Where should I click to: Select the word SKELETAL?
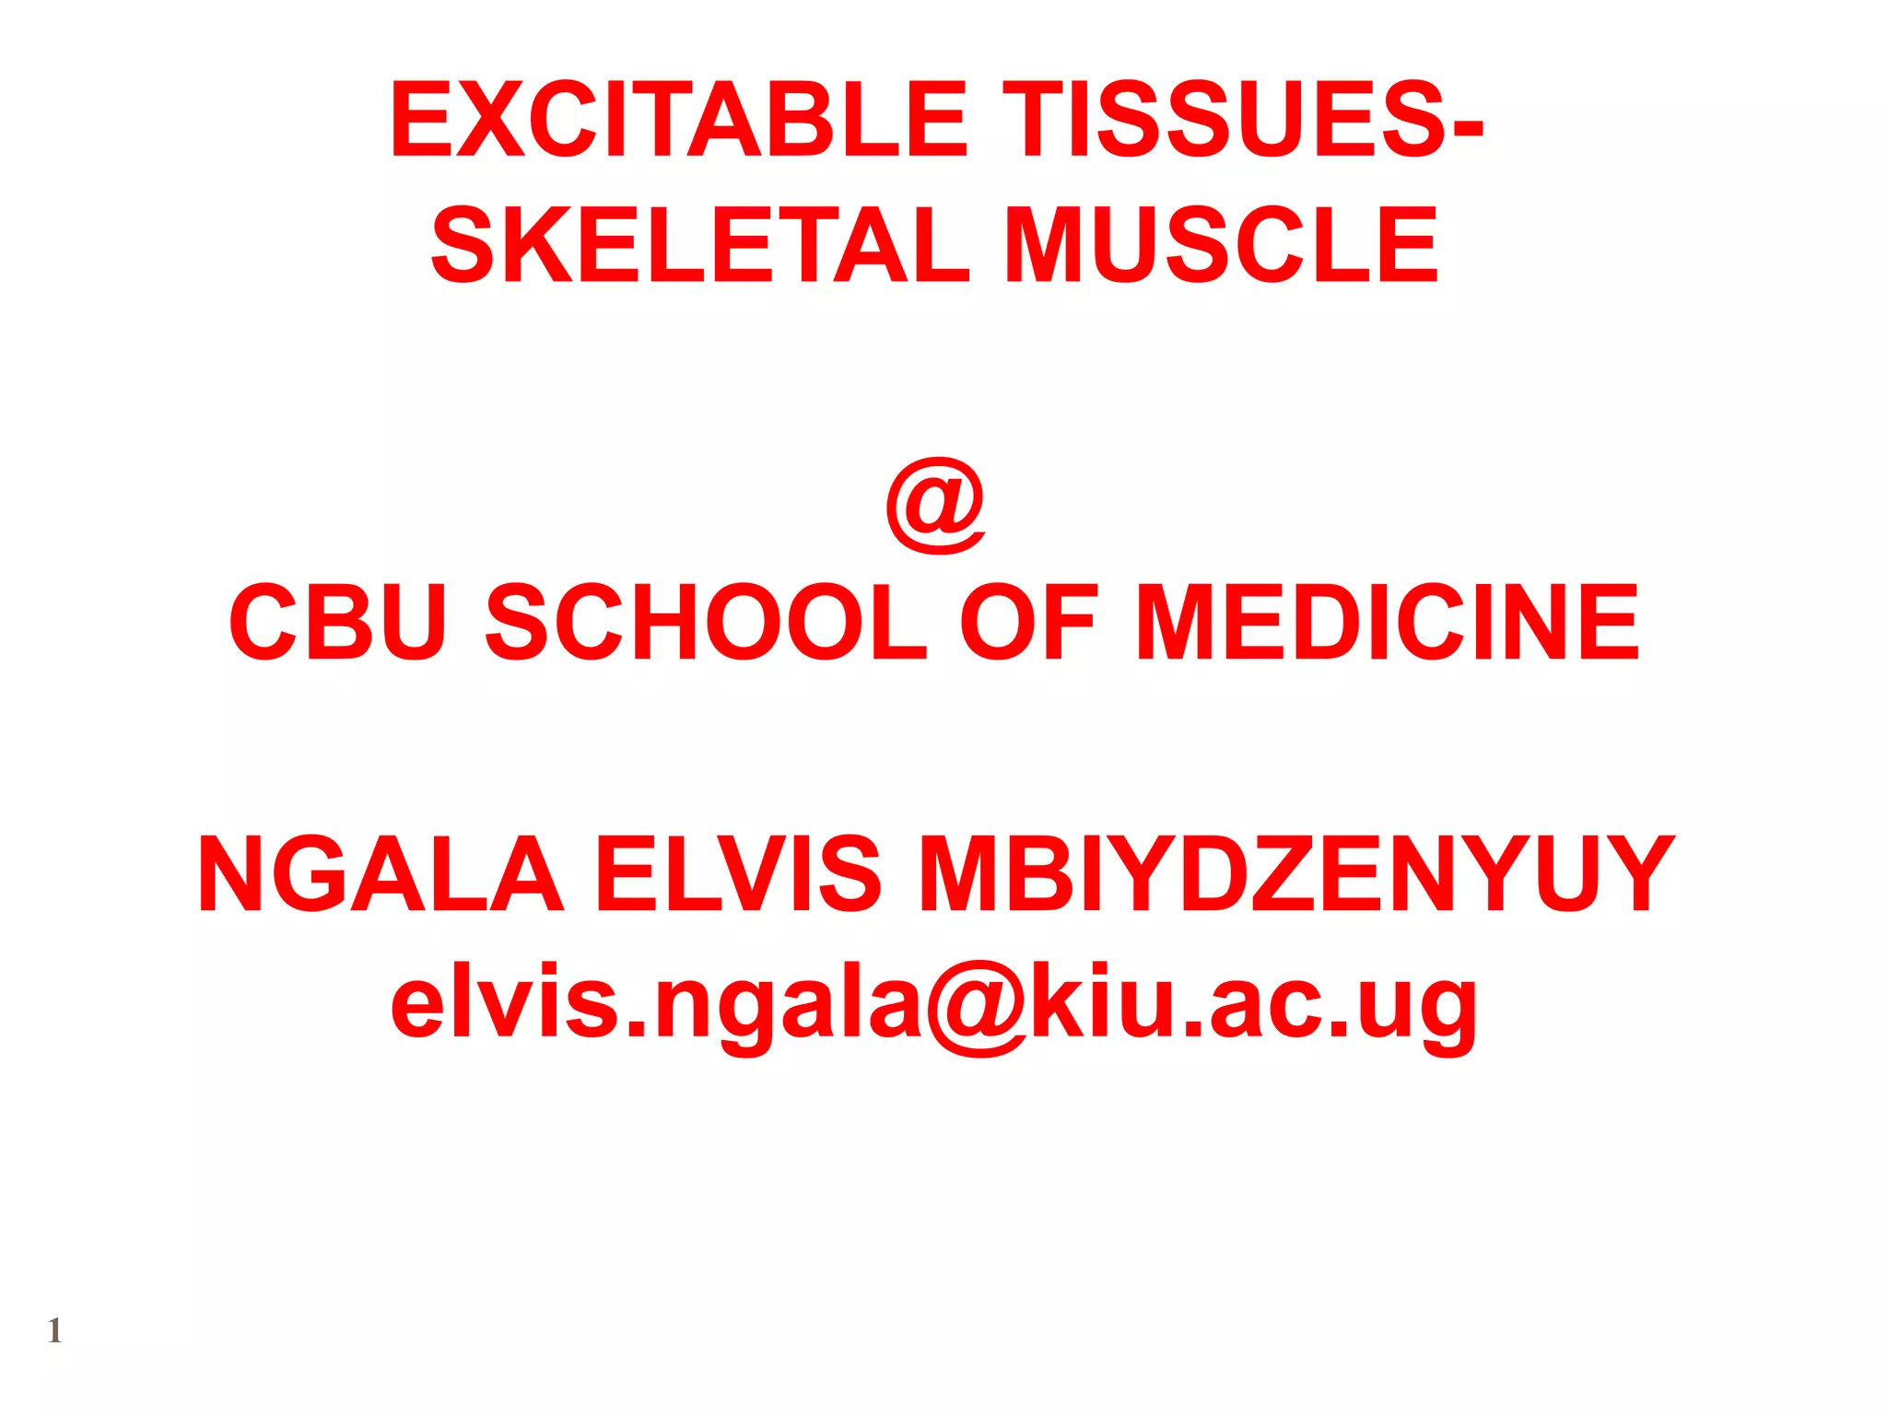pos(700,246)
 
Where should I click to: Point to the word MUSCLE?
pos(1222,246)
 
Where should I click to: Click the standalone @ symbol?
pos(935,506)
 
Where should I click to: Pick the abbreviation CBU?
pos(338,623)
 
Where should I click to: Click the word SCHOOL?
pos(706,623)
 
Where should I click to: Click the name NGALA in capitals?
pos(381,874)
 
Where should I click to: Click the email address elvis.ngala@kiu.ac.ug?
pos(934,1004)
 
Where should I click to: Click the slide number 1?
pos(54,1331)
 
